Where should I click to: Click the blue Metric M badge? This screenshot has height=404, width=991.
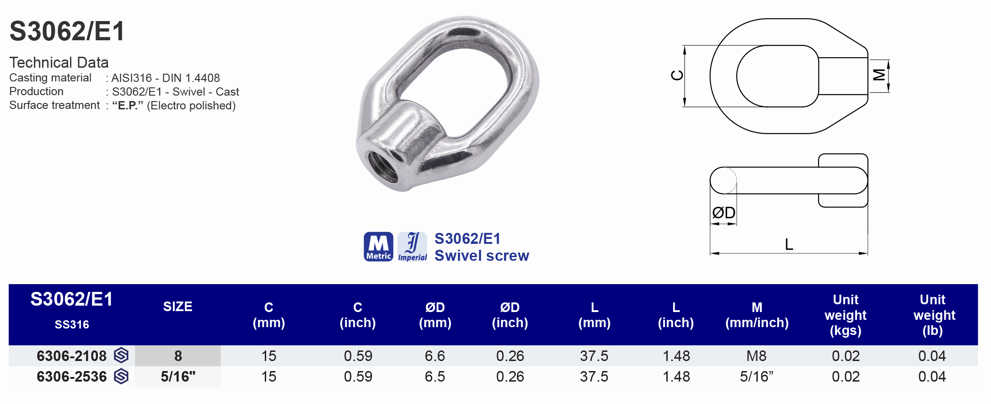tap(378, 247)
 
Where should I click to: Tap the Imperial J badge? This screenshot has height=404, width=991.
tap(412, 247)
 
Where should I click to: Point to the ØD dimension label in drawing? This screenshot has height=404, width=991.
tap(723, 213)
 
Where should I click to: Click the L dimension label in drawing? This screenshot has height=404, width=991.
tap(789, 244)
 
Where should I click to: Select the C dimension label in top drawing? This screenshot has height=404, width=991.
tap(677, 75)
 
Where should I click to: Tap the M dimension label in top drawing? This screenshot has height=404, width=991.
tap(879, 75)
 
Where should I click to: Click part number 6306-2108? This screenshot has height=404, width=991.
tap(72, 356)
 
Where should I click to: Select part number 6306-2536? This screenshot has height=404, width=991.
tap(72, 377)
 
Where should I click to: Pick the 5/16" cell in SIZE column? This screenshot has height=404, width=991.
tap(178, 377)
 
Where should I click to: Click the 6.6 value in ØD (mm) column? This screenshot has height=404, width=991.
tap(434, 356)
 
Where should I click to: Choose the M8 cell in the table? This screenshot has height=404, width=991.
tap(756, 356)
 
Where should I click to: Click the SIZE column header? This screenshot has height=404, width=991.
tap(177, 307)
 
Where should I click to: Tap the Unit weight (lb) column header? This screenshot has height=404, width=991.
tap(933, 315)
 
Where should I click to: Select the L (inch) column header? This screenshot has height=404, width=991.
tap(675, 315)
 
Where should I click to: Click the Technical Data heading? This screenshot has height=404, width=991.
tap(59, 62)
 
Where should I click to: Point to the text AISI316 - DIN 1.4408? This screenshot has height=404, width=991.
tap(166, 78)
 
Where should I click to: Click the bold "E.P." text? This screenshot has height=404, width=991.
tap(128, 106)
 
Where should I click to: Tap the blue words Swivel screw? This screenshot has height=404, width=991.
tap(482, 256)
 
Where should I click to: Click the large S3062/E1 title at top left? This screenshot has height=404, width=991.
tap(67, 31)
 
